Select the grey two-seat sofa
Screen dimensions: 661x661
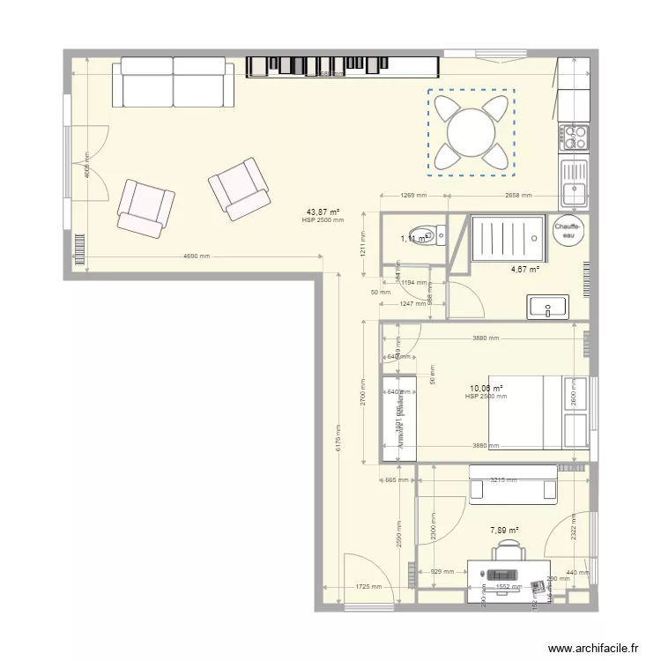pyautogui.click(x=173, y=83)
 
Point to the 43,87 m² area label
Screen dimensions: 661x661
pyautogui.click(x=323, y=212)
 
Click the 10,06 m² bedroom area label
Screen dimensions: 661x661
pyautogui.click(x=486, y=388)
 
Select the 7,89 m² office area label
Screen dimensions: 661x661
pyautogui.click(x=504, y=530)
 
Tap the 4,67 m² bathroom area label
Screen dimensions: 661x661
pyautogui.click(x=526, y=270)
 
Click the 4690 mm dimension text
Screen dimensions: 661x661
pyautogui.click(x=196, y=256)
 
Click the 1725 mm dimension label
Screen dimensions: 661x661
pyautogui.click(x=368, y=586)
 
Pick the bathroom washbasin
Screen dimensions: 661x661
pyautogui.click(x=548, y=308)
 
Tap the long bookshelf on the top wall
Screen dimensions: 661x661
pyautogui.click(x=342, y=66)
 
